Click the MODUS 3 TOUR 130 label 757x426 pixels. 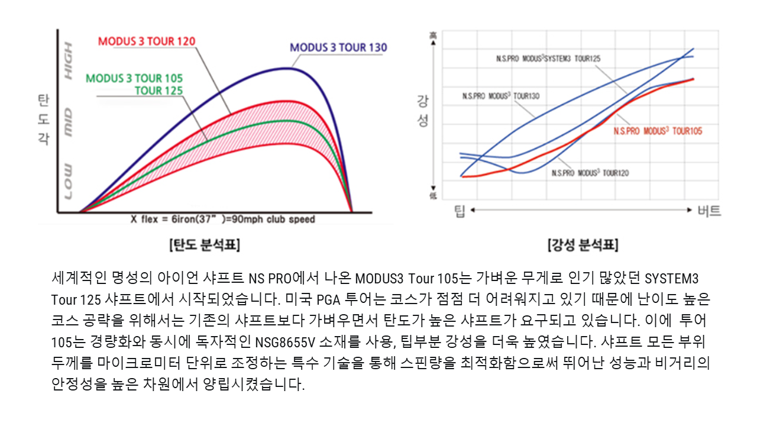[x=338, y=47]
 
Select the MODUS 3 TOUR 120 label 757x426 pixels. [x=147, y=41]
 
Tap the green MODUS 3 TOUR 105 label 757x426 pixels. [x=134, y=78]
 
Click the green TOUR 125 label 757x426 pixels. [x=158, y=91]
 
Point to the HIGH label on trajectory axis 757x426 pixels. [x=69, y=61]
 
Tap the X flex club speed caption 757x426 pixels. [x=223, y=219]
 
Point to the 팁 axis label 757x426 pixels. [x=460, y=211]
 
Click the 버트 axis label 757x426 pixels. [x=709, y=211]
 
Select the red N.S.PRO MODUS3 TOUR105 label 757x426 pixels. [x=658, y=131]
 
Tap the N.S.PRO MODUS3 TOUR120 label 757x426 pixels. [x=590, y=173]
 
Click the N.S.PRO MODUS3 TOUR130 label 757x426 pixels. [x=501, y=96]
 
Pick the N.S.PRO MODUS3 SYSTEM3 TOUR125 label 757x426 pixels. [x=548, y=59]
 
